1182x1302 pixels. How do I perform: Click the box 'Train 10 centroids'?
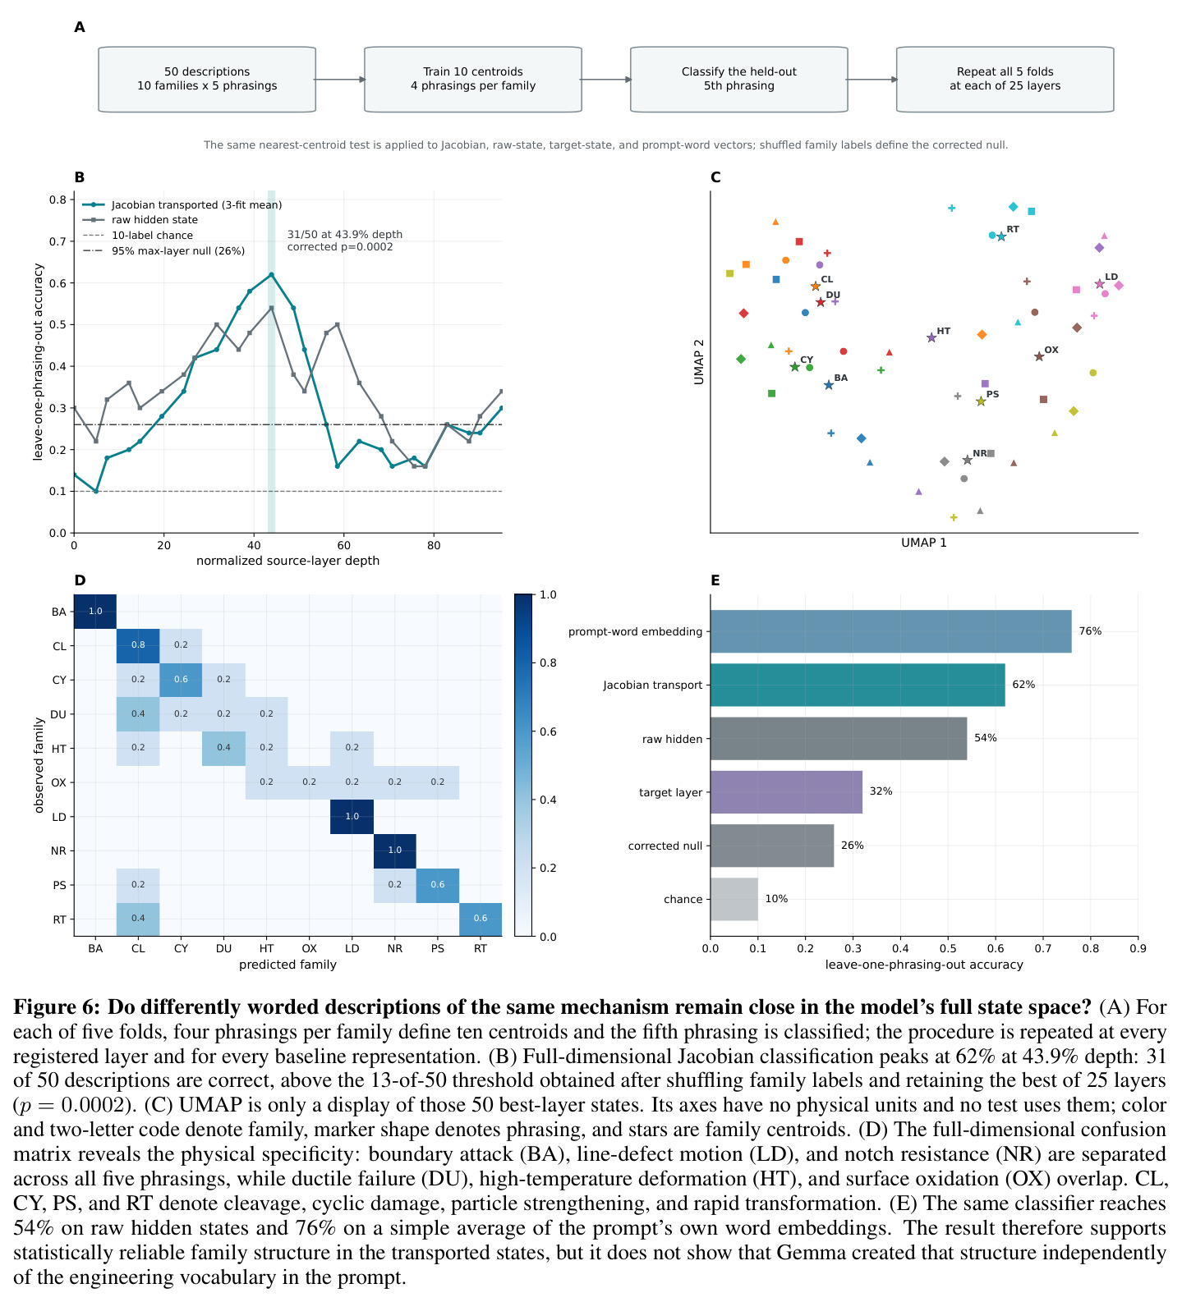(473, 79)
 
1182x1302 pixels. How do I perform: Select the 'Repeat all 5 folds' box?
(1005, 79)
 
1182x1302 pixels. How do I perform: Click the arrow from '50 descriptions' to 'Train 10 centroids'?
(340, 80)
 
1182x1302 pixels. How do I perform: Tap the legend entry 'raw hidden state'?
(154, 220)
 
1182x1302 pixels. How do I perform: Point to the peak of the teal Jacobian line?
(271, 274)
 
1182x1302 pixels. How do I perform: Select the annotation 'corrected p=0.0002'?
(340, 247)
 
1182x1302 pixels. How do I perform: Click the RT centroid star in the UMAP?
(1001, 236)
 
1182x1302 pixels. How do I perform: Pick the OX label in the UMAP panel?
(1051, 350)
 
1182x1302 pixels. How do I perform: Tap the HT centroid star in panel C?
(931, 337)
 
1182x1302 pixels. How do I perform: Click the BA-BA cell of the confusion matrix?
(95, 612)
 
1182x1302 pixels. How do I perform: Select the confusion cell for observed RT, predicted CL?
(138, 919)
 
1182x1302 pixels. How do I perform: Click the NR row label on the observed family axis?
(59, 851)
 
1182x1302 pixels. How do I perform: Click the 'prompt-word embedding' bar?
(890, 631)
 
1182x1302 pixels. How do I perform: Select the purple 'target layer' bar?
(786, 792)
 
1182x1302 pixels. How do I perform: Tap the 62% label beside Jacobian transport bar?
(1023, 685)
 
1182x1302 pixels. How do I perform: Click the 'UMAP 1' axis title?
(924, 543)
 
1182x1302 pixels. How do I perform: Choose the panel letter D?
(80, 580)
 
